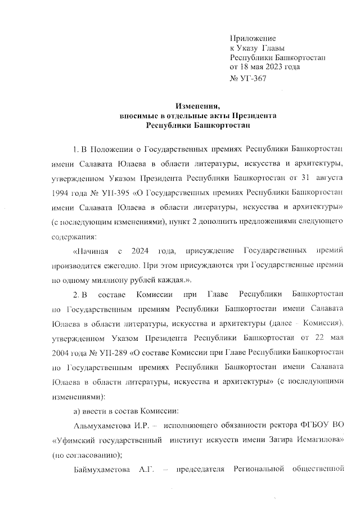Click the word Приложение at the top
click(252, 38)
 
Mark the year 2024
click(138, 250)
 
